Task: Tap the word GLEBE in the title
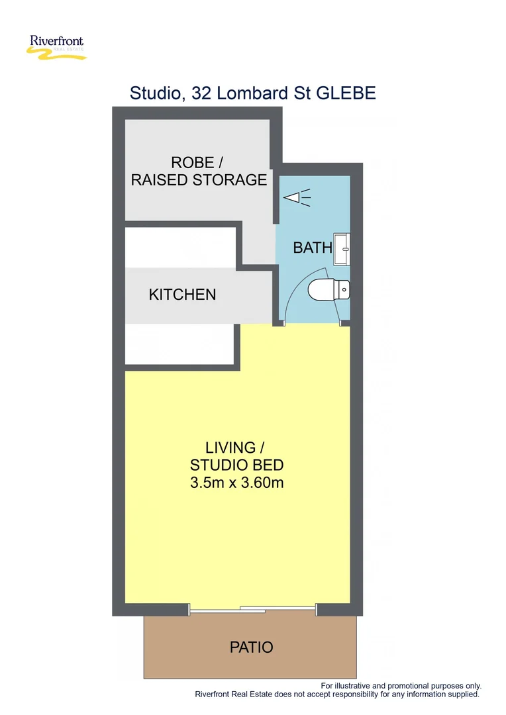346,93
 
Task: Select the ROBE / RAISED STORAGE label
199,171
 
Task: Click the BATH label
312,248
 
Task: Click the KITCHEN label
182,295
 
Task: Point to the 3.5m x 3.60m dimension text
237,483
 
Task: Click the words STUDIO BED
237,465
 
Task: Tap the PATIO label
252,647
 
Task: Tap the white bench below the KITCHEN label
180,344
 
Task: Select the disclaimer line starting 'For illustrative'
401,686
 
